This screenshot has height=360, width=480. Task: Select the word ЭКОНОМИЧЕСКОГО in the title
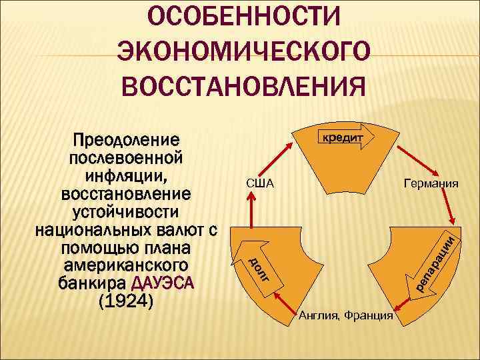point(243,50)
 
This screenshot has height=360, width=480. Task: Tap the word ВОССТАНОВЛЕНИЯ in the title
point(243,85)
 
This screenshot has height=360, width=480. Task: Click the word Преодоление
point(126,141)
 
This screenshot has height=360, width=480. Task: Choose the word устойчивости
point(126,213)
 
